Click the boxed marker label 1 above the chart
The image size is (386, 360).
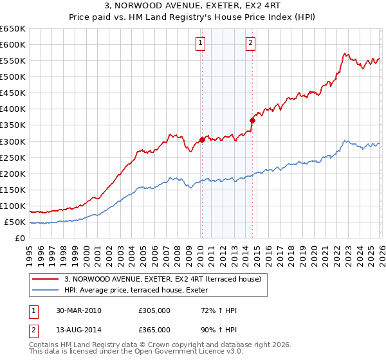(201, 43)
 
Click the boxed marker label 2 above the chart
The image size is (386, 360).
(250, 43)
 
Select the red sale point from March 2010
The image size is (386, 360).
(202, 139)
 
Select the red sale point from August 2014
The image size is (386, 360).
(252, 120)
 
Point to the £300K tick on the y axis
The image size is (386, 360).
(13, 141)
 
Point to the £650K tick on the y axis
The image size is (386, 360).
(13, 29)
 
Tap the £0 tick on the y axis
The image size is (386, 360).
(21, 239)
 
